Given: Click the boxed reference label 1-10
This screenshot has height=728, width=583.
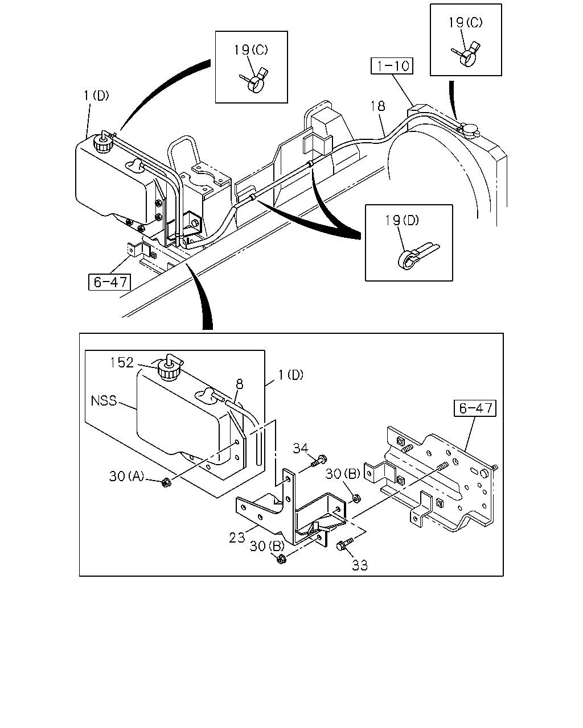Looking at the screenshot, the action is (x=392, y=65).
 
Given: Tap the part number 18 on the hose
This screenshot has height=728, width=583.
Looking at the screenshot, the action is (x=377, y=106).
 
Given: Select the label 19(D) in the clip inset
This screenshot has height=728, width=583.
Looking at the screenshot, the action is (x=402, y=221).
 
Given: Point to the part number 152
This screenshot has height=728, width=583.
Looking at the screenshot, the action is (x=122, y=363).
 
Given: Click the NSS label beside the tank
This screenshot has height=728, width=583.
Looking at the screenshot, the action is (x=104, y=401).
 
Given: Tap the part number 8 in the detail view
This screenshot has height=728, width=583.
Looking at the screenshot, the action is (x=240, y=384).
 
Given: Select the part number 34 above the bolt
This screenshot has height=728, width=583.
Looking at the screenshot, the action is (x=300, y=448).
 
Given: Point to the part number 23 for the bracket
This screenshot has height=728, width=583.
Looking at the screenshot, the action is (x=236, y=537).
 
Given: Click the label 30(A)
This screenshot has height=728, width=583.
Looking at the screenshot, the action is (x=126, y=476).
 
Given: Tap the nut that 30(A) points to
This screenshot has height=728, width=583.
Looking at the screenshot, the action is (x=166, y=483).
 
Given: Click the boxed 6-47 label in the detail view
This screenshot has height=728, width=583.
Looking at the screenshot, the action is (x=475, y=408).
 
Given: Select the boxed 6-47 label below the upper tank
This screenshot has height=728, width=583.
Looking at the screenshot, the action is (x=109, y=282).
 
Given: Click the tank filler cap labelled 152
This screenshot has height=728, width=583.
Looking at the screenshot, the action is (x=169, y=370).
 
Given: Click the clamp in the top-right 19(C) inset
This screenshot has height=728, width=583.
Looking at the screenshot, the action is (x=466, y=55).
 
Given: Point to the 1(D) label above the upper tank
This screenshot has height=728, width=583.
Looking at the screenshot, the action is (x=96, y=96).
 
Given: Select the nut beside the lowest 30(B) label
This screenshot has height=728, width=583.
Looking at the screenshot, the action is (x=281, y=559).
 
